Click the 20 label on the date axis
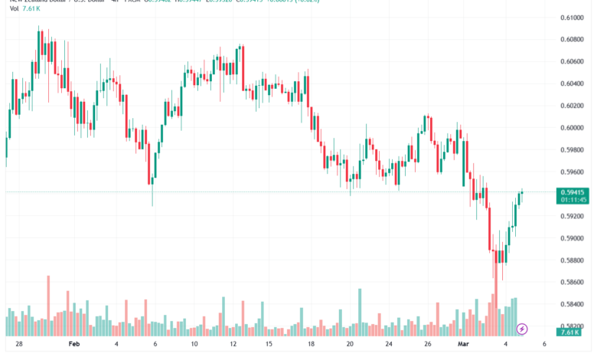[x=349, y=345]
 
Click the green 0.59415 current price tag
[x=573, y=193]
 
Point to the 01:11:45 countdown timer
[x=573, y=201]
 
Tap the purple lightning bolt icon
[x=523, y=329]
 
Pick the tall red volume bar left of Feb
[x=47, y=305]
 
